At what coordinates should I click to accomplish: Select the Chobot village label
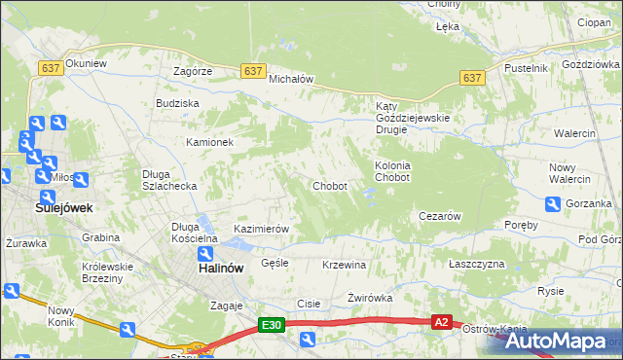point(329,186)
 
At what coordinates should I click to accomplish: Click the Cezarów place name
point(438,216)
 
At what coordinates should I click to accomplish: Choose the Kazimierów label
point(261,229)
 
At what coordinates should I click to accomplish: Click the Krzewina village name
point(344,265)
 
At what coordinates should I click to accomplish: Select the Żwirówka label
point(370,298)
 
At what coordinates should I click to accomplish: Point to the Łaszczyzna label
point(477,265)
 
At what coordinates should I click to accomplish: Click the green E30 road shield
point(272,325)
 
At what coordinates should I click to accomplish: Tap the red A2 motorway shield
point(442,322)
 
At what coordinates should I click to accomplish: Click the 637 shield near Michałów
point(253,71)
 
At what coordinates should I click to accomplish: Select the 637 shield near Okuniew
point(52,67)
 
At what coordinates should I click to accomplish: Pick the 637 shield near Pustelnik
point(472,78)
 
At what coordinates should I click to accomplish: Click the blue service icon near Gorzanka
point(553,204)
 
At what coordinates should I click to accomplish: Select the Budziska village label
point(177,102)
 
